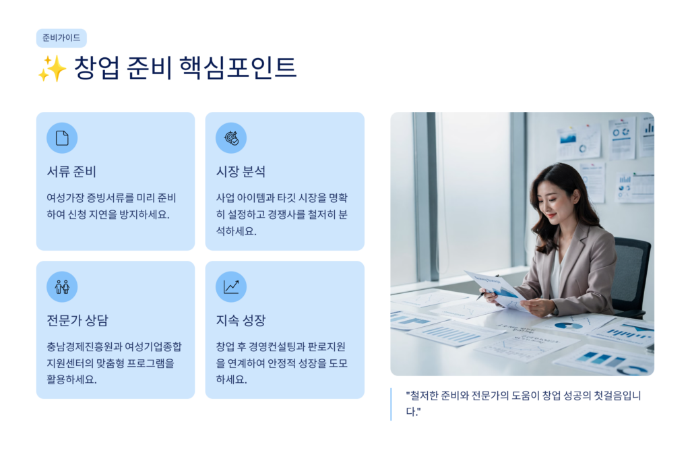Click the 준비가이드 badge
61,38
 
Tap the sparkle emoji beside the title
52,69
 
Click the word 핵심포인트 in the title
238,67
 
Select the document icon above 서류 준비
62,137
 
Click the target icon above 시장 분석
231,137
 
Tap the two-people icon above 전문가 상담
62,286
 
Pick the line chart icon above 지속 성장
231,286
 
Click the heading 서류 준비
71,171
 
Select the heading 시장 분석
241,171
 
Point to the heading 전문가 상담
77,320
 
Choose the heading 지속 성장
241,320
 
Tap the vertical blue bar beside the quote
391,404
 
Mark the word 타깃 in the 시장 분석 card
286,197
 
